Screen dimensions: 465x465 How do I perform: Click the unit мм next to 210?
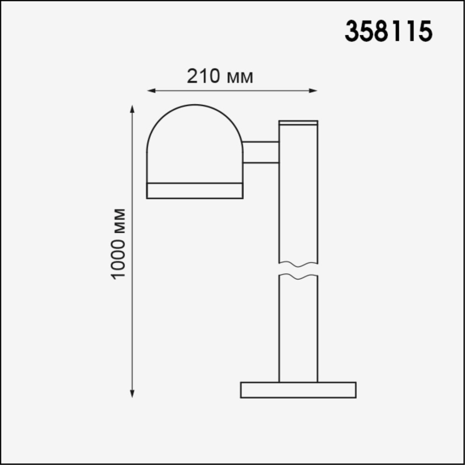pyautogui.click(x=239, y=77)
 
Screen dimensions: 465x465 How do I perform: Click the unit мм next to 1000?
pyautogui.click(x=119, y=221)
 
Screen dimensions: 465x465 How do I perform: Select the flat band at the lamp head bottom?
pyautogui.click(x=195, y=190)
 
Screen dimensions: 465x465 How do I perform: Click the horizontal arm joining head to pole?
pyautogui.click(x=261, y=152)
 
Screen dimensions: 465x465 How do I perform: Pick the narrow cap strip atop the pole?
pyautogui.click(x=298, y=122)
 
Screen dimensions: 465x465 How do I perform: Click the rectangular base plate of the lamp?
pyautogui.click(x=298, y=390)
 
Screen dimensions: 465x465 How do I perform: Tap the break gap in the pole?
pyautogui.click(x=298, y=270)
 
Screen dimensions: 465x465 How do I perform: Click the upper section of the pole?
pyautogui.click(x=298, y=194)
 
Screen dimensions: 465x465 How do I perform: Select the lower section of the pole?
pyautogui.click(x=298, y=329)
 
